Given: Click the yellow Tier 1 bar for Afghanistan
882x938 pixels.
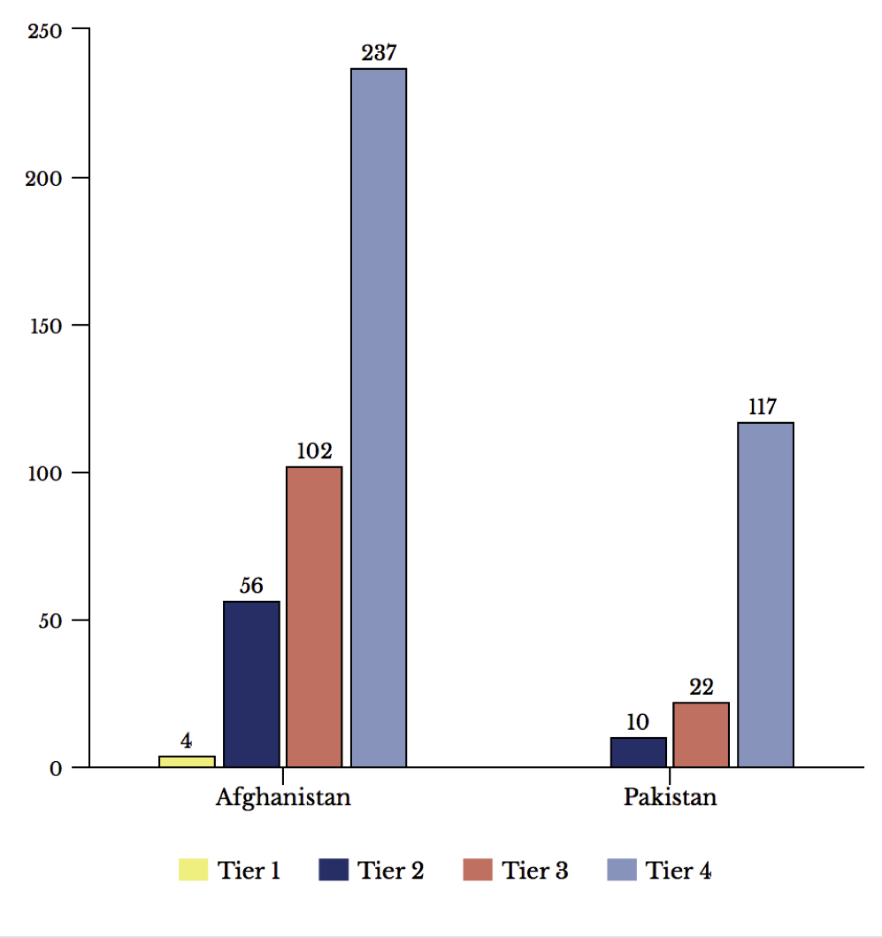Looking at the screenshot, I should point(187,761).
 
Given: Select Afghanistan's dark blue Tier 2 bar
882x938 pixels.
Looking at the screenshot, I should point(251,683).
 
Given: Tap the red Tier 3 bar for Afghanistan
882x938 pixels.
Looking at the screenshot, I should point(314,616).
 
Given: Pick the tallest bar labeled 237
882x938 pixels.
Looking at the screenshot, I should point(379,417).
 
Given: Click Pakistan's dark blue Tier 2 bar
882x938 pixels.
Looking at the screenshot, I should point(638,751).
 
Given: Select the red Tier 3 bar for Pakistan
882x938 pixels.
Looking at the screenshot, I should point(701,734).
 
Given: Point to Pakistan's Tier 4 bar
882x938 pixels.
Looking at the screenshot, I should point(765,594).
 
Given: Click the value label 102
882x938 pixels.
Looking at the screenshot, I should point(314,451).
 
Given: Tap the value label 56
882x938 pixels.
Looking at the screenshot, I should point(251,586).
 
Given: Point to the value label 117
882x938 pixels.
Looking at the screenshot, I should point(762,407).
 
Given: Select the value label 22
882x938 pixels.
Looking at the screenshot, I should point(701,687).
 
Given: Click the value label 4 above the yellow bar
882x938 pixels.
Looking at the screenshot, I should point(186,741).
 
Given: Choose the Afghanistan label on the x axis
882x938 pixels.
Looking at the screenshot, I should point(283,797).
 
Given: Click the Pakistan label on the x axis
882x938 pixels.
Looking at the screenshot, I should point(670,797).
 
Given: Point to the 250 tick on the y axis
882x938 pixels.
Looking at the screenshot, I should point(44,30).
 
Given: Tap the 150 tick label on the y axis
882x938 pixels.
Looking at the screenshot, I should point(44,326).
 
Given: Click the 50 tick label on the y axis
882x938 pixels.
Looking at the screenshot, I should point(50,620).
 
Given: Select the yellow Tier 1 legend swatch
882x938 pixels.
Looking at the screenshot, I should point(193,870).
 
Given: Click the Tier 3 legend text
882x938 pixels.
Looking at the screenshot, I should point(535,871).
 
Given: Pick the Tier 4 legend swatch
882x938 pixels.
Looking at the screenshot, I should point(621,870).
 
